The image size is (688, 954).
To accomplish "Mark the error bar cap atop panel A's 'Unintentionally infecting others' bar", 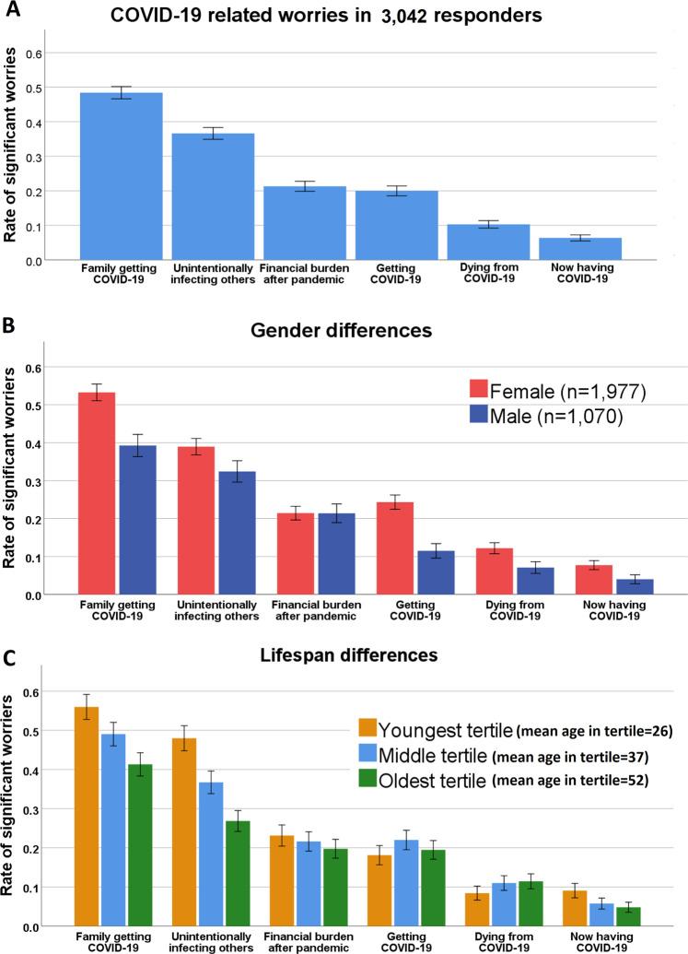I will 214,128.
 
